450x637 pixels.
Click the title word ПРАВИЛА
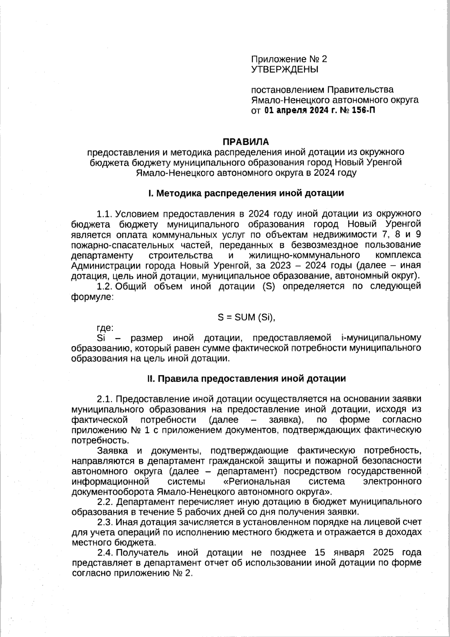[246, 142]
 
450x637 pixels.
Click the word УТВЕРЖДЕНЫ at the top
[284, 69]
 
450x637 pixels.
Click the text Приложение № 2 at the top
[289, 59]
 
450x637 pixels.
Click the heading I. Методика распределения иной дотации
[246, 193]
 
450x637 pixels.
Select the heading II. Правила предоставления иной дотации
[246, 379]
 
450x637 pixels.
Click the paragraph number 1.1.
[105, 214]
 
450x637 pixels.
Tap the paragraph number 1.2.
[105, 286]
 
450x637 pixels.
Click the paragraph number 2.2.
[105, 502]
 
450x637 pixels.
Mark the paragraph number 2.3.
[105, 522]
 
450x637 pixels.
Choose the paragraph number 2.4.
[105, 553]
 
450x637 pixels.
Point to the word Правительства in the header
[361, 90]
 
